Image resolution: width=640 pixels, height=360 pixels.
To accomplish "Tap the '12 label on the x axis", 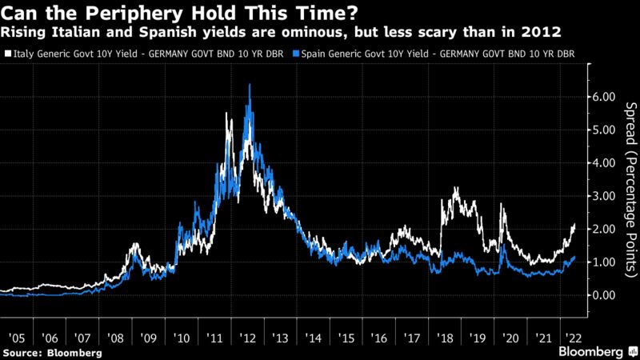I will (250, 338).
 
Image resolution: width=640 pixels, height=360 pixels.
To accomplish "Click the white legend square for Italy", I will (7, 54).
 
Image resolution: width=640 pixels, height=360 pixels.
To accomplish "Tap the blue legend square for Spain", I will (298, 54).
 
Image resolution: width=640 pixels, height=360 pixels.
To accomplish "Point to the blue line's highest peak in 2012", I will (250, 84).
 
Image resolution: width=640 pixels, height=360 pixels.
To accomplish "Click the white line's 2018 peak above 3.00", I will (455, 188).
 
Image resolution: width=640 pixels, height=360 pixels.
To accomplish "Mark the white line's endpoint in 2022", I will (574, 226).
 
